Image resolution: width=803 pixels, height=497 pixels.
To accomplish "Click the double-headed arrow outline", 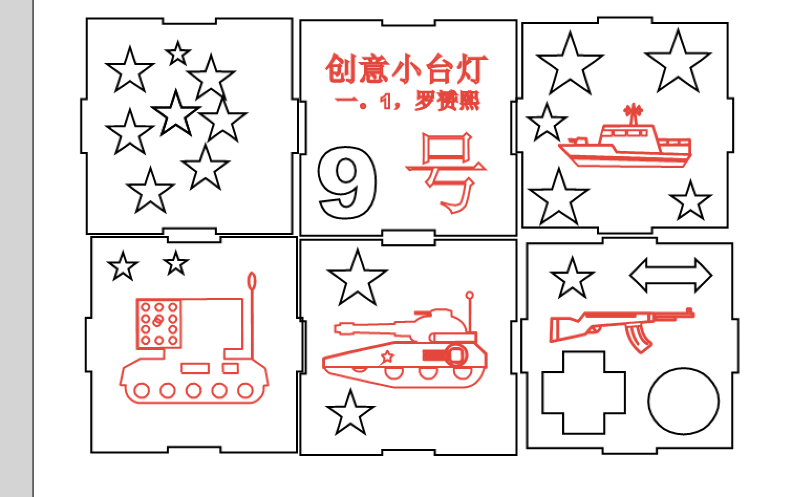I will tap(670, 275).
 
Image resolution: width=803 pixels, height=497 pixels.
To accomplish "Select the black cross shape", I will tap(583, 393).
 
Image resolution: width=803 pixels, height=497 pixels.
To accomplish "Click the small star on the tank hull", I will tap(387, 357).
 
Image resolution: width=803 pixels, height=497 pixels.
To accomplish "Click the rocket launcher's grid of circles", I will tap(159, 323).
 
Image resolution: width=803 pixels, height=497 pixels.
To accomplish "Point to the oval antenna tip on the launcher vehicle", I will tap(252, 281).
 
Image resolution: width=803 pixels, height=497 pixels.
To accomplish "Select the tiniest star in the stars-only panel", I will tap(178, 53).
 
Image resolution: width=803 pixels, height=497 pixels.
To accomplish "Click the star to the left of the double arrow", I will tap(572, 278).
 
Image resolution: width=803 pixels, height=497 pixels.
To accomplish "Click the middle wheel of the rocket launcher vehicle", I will tap(193, 391).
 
